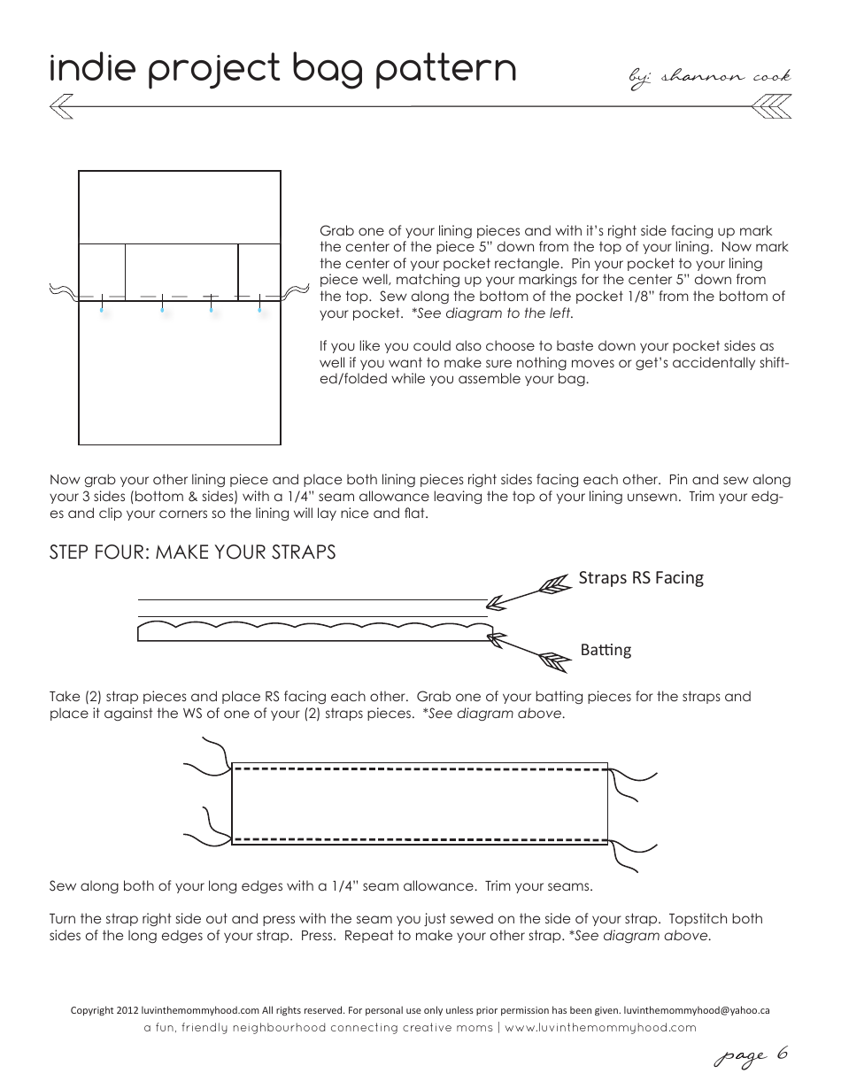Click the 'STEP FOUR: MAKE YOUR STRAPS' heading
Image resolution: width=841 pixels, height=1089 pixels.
[193, 552]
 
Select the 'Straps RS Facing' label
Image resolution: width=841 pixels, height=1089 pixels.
[641, 578]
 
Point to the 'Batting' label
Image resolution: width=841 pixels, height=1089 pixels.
[606, 650]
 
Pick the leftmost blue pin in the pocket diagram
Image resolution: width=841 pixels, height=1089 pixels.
[103, 310]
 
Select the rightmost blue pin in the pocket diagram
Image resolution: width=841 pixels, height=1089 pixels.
[259, 310]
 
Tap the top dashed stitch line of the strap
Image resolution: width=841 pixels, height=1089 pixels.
[420, 770]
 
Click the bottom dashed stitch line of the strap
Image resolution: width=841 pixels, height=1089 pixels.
[420, 838]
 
